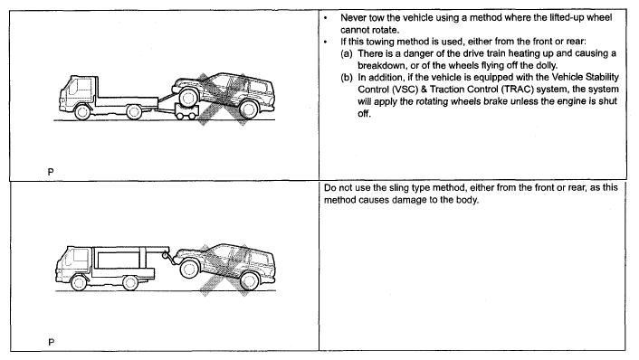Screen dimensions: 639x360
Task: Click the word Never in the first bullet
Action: coord(353,18)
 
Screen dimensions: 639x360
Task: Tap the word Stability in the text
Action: coord(602,77)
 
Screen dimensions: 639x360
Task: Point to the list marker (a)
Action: coord(347,53)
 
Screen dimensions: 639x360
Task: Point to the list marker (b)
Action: coord(347,78)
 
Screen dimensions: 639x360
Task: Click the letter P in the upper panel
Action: coord(51,172)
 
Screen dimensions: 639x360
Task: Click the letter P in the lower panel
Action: coord(51,342)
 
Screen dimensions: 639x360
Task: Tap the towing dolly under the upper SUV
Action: coord(186,111)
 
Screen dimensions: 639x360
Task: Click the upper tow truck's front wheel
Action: coord(82,112)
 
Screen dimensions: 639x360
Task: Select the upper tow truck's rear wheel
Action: coord(134,112)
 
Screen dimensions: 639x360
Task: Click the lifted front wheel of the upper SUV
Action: coord(188,98)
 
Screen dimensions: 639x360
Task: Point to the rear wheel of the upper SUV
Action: coord(248,109)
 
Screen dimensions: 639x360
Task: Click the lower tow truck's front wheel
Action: coord(79,282)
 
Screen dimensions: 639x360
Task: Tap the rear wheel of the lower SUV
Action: coord(250,280)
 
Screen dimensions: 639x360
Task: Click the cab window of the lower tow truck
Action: coord(80,255)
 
